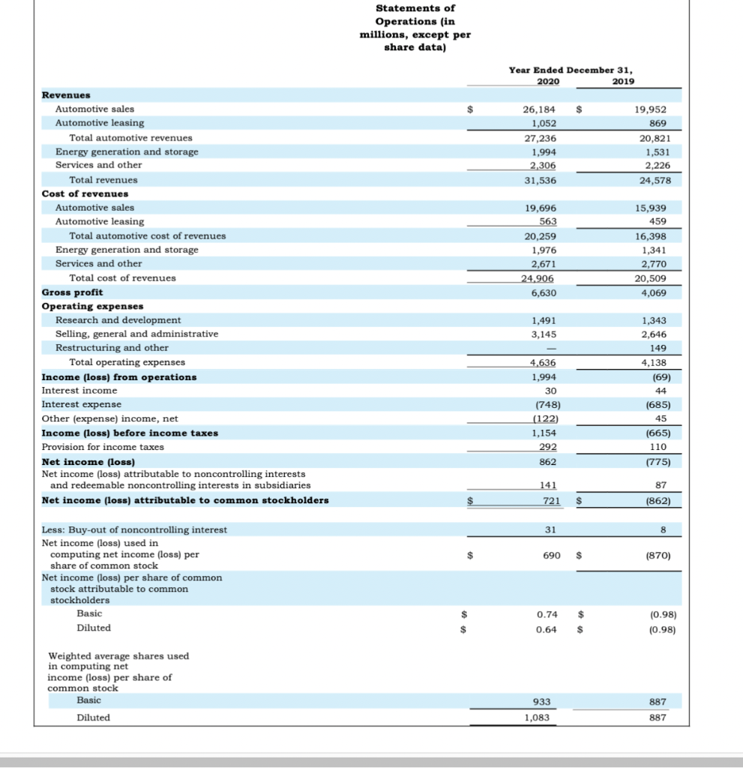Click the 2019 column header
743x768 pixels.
622,81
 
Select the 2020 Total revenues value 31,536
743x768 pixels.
539,180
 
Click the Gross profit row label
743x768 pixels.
73,292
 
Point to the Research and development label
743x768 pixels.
118,320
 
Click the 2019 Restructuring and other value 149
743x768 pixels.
658,348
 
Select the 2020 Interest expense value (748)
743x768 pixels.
540,404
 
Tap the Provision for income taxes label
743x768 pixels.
103,447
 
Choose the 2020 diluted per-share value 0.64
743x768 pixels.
547,628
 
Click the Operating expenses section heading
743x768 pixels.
93,306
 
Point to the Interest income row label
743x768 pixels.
79,391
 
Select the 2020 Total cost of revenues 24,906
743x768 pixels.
538,278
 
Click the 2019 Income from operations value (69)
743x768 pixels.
657,376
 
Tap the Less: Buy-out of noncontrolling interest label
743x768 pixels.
134,529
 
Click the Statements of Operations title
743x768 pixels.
415,28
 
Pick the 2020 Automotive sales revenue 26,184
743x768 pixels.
539,109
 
